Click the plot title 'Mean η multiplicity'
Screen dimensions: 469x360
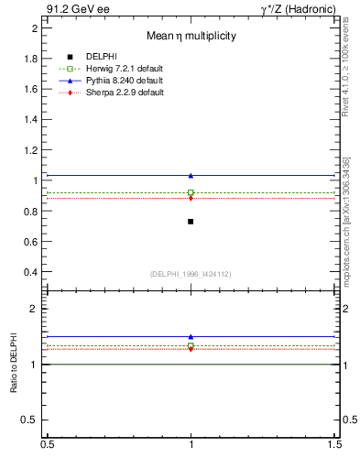191,37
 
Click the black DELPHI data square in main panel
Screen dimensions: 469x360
191,222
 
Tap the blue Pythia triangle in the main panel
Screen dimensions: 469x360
191,175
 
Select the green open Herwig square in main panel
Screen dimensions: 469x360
191,192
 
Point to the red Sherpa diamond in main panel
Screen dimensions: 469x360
191,198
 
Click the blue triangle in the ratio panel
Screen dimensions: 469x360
191,337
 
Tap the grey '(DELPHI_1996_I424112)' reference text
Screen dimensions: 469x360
191,274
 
